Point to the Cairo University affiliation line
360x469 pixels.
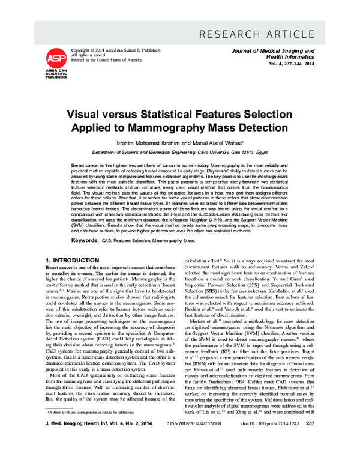click(x=179, y=153)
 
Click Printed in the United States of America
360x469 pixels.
click(x=107, y=60)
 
